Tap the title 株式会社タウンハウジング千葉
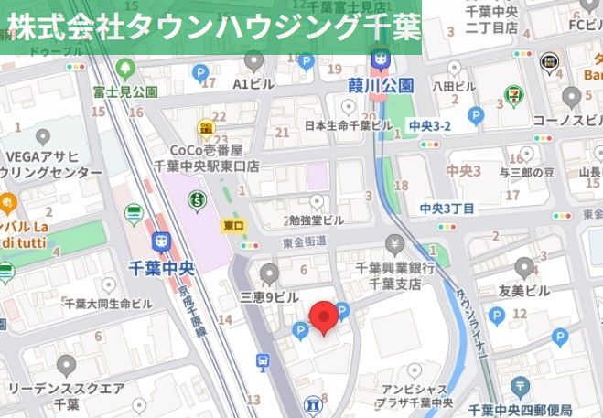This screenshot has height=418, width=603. pyautogui.click(x=212, y=27)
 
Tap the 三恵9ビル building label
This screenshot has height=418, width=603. pyautogui.click(x=269, y=297)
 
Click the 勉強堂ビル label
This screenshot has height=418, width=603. pyautogui.click(x=316, y=220)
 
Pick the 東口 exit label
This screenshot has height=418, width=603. pyautogui.click(x=233, y=224)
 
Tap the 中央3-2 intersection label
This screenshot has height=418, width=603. pyautogui.click(x=430, y=125)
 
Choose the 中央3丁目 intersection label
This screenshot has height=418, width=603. pyautogui.click(x=447, y=209)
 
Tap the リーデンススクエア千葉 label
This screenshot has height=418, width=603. pyautogui.click(x=66, y=395)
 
